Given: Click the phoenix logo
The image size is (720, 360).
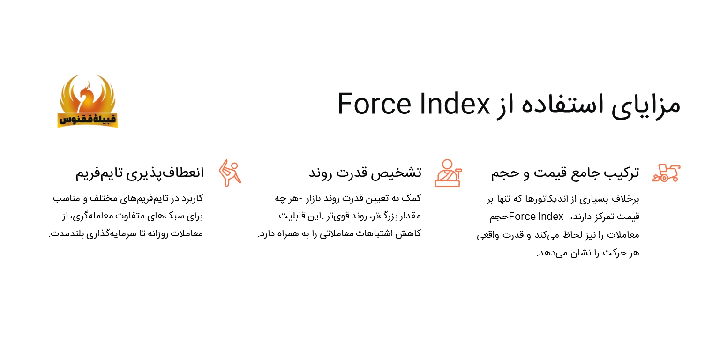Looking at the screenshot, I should click(88, 101).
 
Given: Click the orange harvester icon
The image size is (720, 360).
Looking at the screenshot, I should click(666, 172).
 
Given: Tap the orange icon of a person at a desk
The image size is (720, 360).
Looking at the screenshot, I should click(448, 172).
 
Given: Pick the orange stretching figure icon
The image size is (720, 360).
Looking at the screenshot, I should click(230, 172).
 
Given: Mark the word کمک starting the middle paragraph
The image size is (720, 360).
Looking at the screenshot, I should click(412, 198).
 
